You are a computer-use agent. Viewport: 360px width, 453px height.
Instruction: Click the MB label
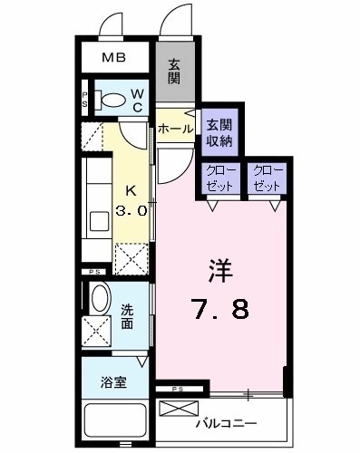tap(113, 59)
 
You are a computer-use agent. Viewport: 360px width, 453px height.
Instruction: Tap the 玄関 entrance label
tap(174, 72)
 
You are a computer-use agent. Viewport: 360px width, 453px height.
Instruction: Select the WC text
tap(137, 101)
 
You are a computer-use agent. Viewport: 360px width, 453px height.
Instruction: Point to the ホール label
tap(174, 129)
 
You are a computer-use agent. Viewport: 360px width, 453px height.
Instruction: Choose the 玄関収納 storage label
tap(219, 132)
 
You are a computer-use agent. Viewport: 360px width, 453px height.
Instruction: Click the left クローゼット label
tap(220, 177)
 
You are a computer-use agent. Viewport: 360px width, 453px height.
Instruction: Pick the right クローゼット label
tap(268, 177)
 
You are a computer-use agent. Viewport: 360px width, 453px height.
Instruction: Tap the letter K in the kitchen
tap(131, 190)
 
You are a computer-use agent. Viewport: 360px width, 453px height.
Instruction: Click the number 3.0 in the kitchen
tap(131, 210)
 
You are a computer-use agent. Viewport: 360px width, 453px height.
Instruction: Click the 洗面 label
tap(131, 313)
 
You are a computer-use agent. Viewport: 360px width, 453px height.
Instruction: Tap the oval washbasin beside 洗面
tap(99, 298)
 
